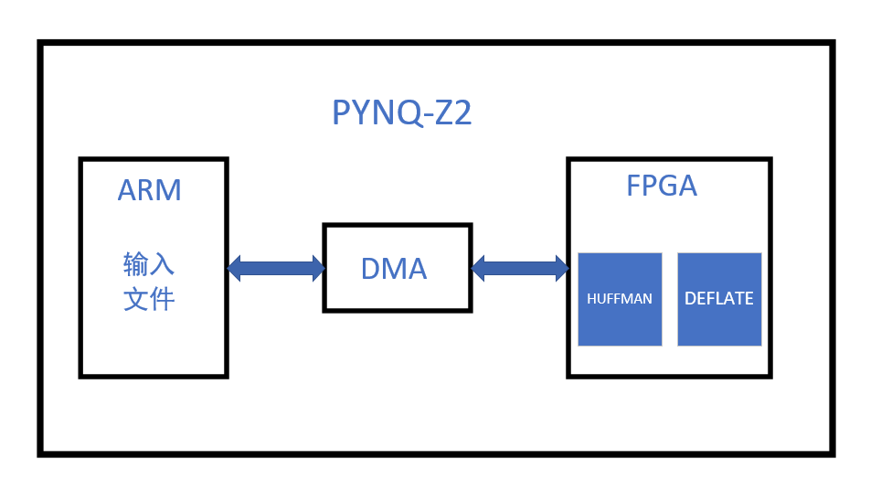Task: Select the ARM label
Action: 149,190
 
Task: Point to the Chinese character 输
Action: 136,264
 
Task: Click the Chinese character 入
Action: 162,264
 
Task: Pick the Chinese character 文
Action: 136,299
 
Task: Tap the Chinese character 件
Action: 162,299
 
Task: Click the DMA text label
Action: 394,269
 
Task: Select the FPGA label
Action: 662,186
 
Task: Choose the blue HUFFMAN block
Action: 620,299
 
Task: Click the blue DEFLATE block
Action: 719,299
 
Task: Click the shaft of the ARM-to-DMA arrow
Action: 275,268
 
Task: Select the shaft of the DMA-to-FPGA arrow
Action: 519,268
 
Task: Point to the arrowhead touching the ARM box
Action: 234,268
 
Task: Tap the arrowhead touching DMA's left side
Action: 317,268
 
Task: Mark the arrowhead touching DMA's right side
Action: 478,268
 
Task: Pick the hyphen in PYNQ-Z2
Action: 426,115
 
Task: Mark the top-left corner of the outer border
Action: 40,43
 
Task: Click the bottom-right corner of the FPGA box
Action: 770,375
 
